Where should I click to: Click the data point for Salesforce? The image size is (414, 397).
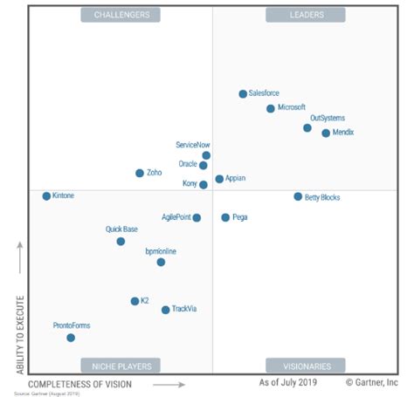tap(243, 93)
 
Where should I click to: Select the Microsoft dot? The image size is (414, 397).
tap(271, 108)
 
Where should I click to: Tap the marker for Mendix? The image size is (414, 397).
tap(326, 133)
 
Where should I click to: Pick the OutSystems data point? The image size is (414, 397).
tap(307, 127)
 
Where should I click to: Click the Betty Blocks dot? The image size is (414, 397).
tap(298, 197)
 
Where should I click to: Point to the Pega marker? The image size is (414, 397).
tap(225, 217)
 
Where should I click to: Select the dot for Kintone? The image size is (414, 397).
tap(46, 196)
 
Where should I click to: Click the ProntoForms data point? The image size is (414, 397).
tap(71, 338)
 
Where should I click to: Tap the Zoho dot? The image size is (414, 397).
tap(140, 173)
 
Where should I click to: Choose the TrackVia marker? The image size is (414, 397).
tap(165, 309)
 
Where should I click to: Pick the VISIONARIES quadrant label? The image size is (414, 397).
tap(306, 366)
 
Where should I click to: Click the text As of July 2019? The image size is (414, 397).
tap(288, 382)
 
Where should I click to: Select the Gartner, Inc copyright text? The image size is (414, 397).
tap(372, 382)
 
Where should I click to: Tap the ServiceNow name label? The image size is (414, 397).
tap(192, 145)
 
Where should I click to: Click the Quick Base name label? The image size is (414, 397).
tap(122, 229)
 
